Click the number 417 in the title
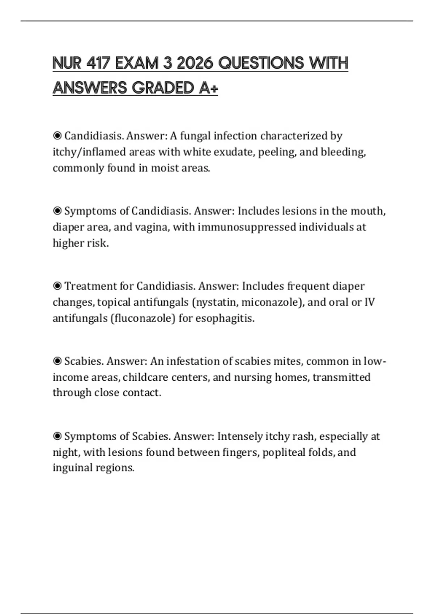[x=98, y=63]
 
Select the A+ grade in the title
[x=208, y=88]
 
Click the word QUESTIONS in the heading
[x=261, y=63]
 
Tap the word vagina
[x=152, y=227]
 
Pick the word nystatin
[x=216, y=302]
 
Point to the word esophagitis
[x=225, y=318]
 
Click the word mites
[x=288, y=361]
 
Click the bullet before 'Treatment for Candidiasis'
[x=57, y=286]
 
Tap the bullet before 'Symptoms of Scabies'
[x=57, y=436]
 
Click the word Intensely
[x=240, y=436]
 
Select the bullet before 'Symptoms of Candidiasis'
[x=57, y=211]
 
